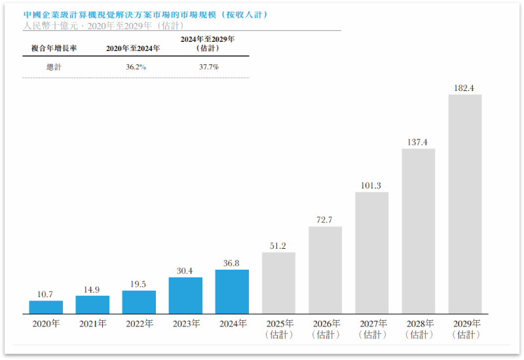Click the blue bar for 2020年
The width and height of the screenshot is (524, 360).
(46, 307)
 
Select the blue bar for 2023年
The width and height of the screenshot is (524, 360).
(185, 296)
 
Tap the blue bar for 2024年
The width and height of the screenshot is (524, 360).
(232, 292)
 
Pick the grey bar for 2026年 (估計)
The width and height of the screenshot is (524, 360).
(325, 270)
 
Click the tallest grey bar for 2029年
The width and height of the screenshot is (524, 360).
(465, 204)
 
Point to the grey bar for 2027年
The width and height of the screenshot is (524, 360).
(371, 253)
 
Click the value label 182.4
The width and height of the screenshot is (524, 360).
(464, 88)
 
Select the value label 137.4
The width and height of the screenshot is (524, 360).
(417, 142)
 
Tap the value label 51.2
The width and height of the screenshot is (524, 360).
(278, 246)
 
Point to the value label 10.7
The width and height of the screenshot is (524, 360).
(45, 294)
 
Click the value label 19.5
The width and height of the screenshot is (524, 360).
(138, 284)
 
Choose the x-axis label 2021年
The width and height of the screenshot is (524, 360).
(93, 323)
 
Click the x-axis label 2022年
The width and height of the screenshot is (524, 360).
(140, 323)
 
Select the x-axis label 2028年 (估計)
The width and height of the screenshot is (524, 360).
(420, 329)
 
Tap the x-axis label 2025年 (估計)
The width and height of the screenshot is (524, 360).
(280, 329)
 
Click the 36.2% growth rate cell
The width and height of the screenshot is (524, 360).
(136, 67)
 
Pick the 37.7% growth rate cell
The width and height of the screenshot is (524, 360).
(209, 67)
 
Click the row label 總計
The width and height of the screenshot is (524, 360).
(54, 67)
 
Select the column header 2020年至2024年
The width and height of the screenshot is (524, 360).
(133, 48)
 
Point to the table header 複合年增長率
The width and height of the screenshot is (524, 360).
(54, 48)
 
